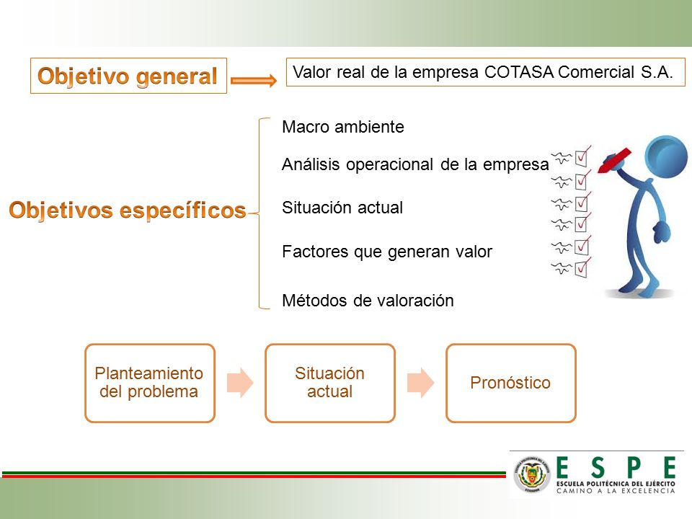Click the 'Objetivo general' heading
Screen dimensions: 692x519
point(128,76)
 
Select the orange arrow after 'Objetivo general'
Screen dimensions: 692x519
point(254,80)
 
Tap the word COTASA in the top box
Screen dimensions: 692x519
point(518,72)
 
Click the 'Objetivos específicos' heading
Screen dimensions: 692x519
point(128,210)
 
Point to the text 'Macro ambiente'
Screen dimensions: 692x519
point(343,127)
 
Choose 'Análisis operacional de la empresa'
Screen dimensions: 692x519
point(415,164)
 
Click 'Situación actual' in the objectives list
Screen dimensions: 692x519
point(342,208)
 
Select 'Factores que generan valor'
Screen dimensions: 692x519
point(387,252)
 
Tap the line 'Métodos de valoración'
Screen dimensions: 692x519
point(368,301)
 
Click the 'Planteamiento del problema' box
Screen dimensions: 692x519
point(150,383)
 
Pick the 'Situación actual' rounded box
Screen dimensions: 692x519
point(330,383)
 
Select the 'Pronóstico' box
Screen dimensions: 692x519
point(511,383)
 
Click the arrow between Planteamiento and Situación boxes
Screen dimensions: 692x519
point(240,383)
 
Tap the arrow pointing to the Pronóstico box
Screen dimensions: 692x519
point(420,383)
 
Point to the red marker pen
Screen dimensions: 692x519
point(614,161)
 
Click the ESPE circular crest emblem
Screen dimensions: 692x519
point(532,474)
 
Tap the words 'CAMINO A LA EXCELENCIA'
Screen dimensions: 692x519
point(616,491)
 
